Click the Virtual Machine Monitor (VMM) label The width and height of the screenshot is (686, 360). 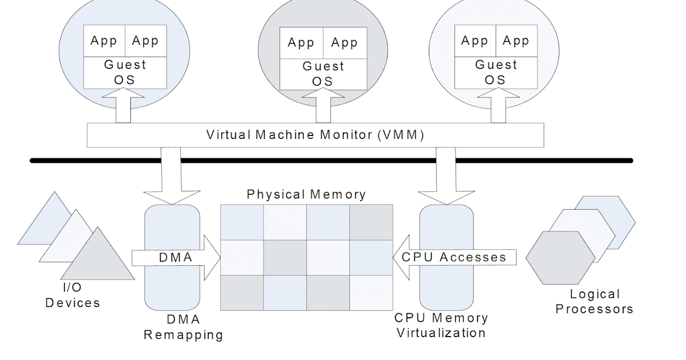[315, 135]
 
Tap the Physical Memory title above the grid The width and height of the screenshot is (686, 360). [306, 195]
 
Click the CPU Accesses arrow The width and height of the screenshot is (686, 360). [454, 257]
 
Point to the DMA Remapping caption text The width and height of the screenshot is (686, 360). [183, 327]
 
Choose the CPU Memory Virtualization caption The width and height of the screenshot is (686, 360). [441, 325]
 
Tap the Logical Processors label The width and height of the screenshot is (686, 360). [595, 302]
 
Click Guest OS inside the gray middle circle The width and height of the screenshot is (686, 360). [323, 74]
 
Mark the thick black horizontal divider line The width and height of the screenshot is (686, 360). [332, 161]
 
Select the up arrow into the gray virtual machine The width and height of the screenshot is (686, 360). [315, 109]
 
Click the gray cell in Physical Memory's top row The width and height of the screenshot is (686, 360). [371, 222]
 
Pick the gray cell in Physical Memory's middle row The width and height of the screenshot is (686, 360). [285, 257]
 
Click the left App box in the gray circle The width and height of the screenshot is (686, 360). [301, 43]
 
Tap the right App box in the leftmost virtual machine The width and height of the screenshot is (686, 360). [145, 41]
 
